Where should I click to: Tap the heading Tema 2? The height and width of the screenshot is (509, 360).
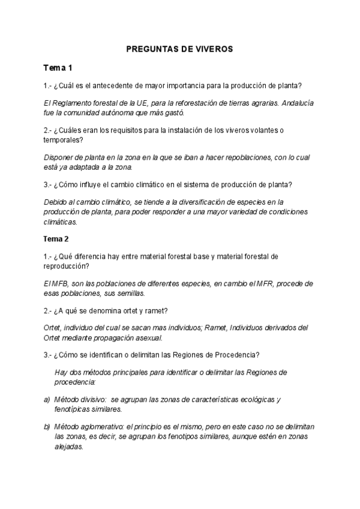[56, 239]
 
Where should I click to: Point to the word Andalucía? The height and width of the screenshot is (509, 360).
[296, 103]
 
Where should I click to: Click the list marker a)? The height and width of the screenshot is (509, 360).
[47, 399]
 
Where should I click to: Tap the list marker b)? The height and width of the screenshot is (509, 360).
[47, 427]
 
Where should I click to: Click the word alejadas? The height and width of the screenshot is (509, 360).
[68, 447]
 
